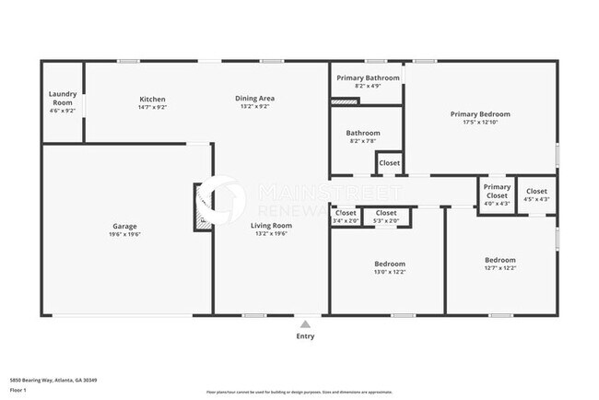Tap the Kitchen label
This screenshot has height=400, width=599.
(x=152, y=99)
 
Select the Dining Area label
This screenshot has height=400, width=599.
(x=255, y=99)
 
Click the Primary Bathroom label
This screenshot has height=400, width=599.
(x=366, y=78)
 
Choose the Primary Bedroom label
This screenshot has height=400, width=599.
(x=480, y=114)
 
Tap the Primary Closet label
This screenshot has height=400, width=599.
(x=497, y=191)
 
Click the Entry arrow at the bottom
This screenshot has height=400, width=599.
(x=304, y=324)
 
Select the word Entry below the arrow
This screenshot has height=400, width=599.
(x=304, y=336)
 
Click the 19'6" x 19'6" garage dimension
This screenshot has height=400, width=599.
(x=125, y=234)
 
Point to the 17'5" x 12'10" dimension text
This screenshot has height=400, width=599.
(x=480, y=123)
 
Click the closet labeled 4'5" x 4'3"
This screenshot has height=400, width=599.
(x=536, y=194)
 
